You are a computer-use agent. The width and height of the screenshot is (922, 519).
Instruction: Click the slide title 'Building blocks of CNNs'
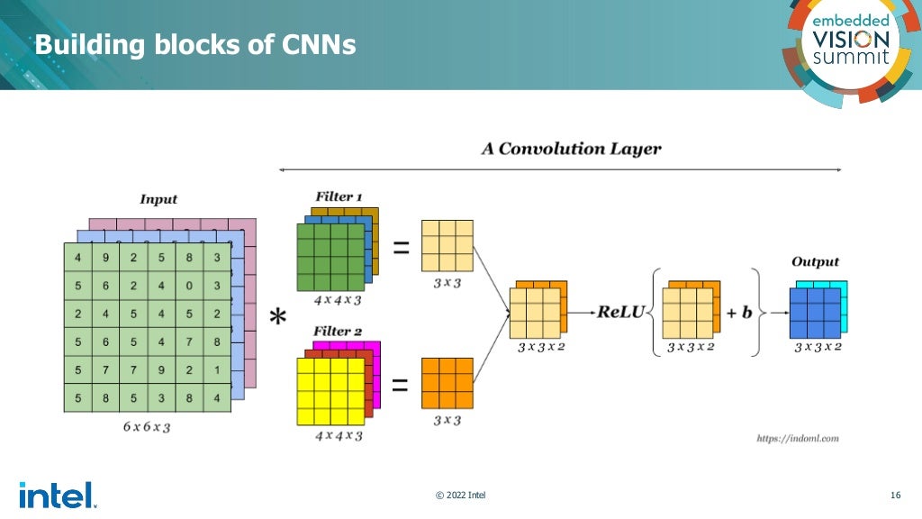coord(195,44)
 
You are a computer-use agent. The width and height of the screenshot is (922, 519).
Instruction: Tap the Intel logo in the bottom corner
coord(57,495)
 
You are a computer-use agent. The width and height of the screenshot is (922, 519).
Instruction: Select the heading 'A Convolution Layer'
coord(571,149)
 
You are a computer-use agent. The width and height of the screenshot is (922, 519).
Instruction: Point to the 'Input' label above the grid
coord(158,199)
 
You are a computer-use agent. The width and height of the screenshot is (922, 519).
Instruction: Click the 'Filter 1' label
coord(339,196)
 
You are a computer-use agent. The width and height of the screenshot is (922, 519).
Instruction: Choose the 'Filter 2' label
coord(338,332)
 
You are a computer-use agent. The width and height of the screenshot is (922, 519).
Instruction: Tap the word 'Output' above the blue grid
coord(815,261)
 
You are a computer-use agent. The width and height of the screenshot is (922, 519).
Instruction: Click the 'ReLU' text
coord(620,312)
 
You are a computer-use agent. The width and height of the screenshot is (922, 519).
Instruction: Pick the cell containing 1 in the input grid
coord(215,370)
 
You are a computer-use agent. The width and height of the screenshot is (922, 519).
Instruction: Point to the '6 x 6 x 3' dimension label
coord(147,427)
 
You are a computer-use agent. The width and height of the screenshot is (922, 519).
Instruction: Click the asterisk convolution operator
coord(279,318)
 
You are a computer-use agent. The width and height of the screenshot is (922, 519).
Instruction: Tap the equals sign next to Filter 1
coord(400,246)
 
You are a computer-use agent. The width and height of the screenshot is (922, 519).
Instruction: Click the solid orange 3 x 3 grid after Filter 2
coord(447,383)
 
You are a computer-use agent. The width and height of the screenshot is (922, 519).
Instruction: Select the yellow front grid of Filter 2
coord(330,392)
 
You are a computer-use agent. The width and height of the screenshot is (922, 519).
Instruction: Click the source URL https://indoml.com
coord(797,439)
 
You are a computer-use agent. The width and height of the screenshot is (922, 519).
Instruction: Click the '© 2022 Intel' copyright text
coord(460,495)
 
